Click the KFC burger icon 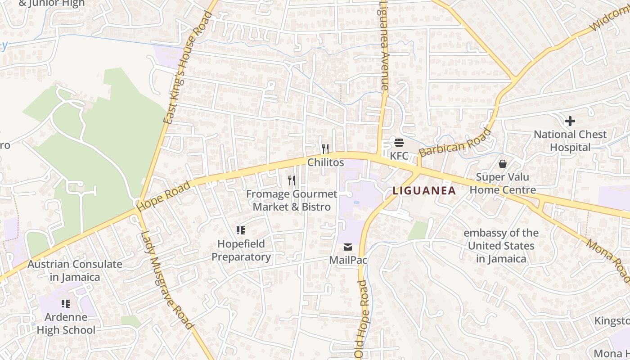[399, 143]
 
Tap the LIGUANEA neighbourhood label [424, 190]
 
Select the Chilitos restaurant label [326, 162]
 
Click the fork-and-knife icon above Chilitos [325, 148]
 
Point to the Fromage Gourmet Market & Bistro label [292, 200]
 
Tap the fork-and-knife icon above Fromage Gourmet [292, 180]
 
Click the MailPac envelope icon [348, 247]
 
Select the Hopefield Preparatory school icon [241, 230]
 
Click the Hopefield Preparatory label [241, 251]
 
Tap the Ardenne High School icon [66, 304]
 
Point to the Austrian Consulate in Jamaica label [75, 270]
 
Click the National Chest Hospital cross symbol [570, 121]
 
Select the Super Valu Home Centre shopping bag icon [503, 164]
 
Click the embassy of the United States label [501, 246]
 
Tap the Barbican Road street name [455, 142]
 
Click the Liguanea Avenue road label [383, 45]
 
